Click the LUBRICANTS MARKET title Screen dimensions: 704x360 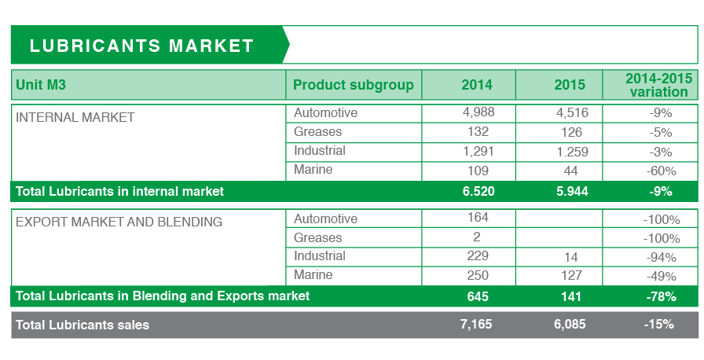[142, 46]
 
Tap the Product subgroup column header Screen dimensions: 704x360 [354, 85]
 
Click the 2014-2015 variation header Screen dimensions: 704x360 [658, 85]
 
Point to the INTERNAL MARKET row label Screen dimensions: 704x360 [75, 117]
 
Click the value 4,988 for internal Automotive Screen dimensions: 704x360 [478, 112]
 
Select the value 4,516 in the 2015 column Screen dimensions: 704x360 [572, 112]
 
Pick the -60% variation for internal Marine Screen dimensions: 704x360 [661, 171]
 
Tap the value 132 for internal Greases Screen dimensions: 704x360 [478, 131]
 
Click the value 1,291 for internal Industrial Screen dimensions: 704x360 [478, 151]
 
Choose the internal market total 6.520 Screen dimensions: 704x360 [478, 191]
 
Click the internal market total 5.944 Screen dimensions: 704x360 [572, 191]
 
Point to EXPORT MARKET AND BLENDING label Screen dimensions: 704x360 [119, 222]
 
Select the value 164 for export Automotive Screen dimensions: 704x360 [478, 217]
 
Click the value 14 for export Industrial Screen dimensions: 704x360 [570, 257]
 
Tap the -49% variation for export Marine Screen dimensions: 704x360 [661, 276]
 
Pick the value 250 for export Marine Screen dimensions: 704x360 [478, 275]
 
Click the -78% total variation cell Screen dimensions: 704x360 [661, 296]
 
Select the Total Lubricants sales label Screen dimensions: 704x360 [82, 325]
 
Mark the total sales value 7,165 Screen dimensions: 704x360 [476, 324]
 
